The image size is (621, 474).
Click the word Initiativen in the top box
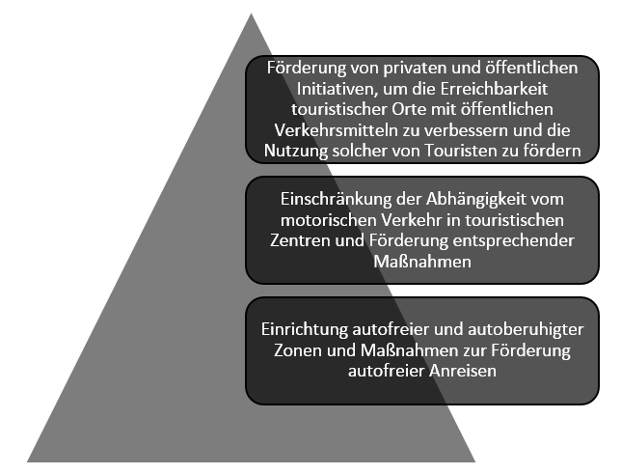point(334,89)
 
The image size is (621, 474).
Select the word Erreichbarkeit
point(494,89)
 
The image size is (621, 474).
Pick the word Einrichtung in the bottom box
point(304,329)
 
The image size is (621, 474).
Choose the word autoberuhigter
point(526,329)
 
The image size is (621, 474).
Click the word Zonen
point(297,350)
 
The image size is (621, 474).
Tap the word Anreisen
point(463,372)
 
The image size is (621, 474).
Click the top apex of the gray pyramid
point(251,14)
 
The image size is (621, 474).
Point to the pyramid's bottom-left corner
point(27,461)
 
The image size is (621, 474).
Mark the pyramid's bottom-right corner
point(475,461)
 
